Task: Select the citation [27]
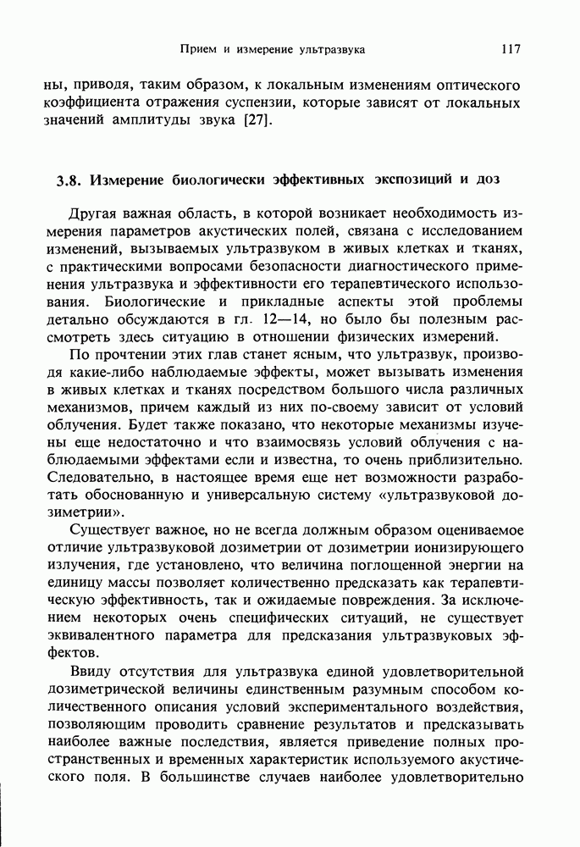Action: (x=257, y=119)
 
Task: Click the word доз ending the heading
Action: (x=487, y=180)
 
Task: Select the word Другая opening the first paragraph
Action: (x=89, y=215)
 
